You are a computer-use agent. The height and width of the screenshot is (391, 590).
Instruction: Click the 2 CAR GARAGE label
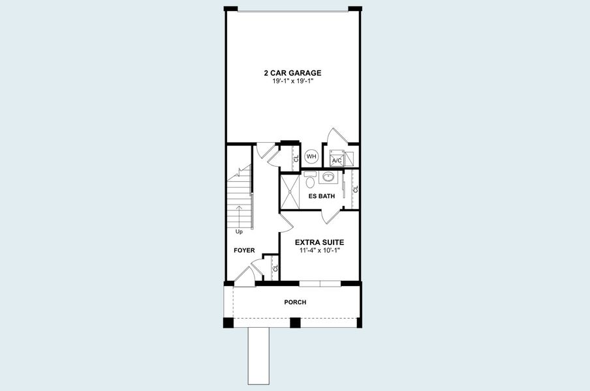click(292, 73)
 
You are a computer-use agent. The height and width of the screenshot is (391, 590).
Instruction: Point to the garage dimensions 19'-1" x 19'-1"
click(292, 81)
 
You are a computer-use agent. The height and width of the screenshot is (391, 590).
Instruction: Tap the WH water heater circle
click(311, 156)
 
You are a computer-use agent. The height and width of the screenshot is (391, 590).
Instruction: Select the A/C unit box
click(337, 158)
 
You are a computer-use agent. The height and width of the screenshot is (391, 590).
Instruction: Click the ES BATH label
click(321, 195)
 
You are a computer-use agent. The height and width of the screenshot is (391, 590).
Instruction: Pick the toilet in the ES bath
click(310, 180)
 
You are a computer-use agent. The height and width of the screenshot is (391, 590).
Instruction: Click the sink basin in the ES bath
click(329, 177)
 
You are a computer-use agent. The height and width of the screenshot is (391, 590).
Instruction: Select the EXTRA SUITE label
click(319, 242)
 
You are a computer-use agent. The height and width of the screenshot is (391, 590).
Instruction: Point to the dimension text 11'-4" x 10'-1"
click(319, 250)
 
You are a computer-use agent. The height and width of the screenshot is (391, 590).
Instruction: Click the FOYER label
click(244, 250)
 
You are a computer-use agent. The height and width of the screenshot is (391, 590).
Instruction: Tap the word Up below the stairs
click(239, 232)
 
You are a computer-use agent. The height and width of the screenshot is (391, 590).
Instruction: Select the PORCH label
click(295, 302)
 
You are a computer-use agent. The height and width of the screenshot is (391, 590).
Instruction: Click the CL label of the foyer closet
click(275, 268)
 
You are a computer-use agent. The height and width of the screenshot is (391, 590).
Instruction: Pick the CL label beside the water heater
click(296, 158)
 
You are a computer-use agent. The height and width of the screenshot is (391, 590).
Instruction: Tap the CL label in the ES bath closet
click(356, 189)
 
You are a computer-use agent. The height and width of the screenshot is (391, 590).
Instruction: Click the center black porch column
click(295, 323)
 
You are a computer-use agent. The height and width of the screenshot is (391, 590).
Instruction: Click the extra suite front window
click(320, 282)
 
